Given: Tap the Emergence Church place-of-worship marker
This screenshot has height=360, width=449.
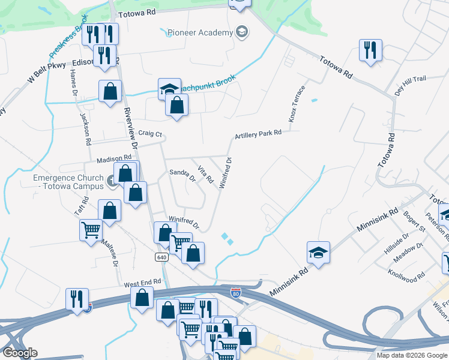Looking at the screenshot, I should click(112, 181).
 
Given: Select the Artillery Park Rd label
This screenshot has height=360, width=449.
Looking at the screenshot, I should click(258, 134).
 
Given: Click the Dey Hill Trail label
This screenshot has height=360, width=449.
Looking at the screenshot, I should click(410, 87).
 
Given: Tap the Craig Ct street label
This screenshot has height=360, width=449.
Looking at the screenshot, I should click(150, 133).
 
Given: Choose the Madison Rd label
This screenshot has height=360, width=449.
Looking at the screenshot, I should click(114, 160).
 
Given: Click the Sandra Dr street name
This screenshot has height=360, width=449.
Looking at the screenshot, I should click(182, 175).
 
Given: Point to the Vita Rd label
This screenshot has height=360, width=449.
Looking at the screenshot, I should click(206, 175).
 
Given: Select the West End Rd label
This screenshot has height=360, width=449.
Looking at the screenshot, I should click(143, 281).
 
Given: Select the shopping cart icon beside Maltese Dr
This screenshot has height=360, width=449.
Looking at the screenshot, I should click(91, 229).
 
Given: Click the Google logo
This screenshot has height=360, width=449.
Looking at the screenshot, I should click(19, 353).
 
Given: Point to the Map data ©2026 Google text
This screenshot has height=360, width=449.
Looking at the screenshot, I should click(412, 355).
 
